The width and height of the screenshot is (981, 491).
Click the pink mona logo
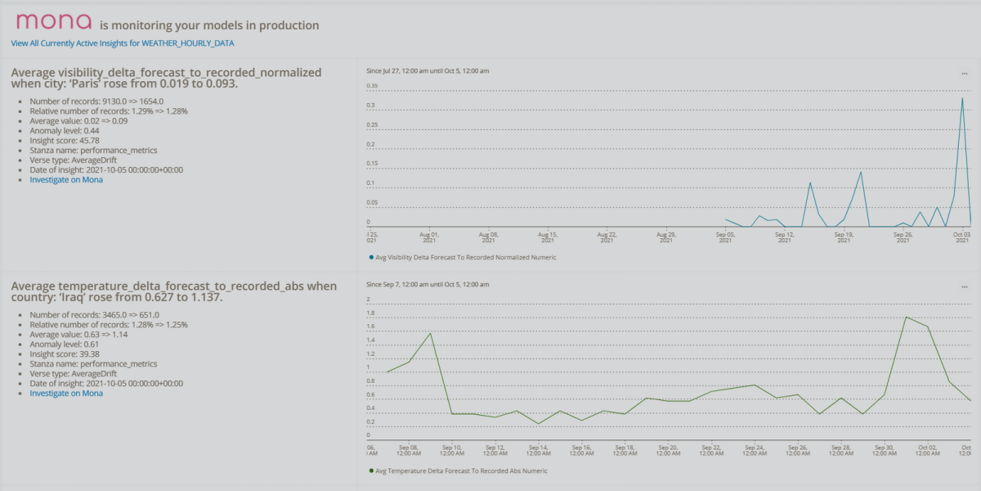(54, 21)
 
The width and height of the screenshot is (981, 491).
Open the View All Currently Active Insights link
(123, 43)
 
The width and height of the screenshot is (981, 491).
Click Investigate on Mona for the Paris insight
(66, 180)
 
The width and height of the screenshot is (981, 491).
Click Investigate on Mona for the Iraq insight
(66, 394)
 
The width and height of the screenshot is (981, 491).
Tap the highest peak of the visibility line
(961, 98)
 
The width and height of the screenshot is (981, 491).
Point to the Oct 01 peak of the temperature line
(906, 317)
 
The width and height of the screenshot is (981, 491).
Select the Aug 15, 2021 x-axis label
(548, 237)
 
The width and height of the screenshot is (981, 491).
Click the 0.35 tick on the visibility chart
(372, 85)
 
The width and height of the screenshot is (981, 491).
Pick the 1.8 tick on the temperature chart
(370, 313)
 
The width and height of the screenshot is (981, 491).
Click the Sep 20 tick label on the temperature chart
(668, 450)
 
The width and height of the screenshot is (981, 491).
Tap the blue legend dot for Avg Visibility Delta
(371, 257)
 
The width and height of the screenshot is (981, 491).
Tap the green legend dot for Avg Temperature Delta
(371, 471)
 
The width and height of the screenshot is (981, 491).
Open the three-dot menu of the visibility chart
(965, 74)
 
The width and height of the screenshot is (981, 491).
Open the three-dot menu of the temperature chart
(965, 287)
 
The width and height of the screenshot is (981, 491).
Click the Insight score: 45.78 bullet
(65, 141)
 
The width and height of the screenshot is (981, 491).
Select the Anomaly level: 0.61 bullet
(65, 345)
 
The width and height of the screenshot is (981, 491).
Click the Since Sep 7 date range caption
(428, 285)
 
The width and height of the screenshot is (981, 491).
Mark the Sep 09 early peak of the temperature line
(430, 334)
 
